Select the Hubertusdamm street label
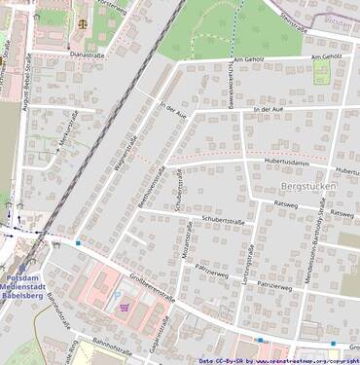click(x=286, y=161)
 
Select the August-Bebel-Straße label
click(x=18, y=78)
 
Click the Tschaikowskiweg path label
click(x=230, y=86)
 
